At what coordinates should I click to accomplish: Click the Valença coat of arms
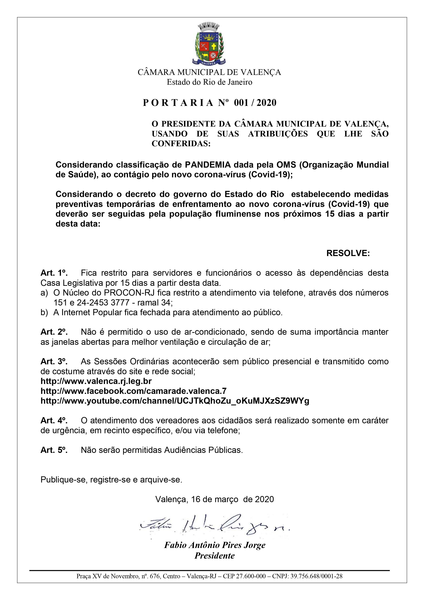pos(210,44)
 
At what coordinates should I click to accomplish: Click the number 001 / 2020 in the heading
pos(255,103)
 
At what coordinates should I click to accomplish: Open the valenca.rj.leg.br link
pos(96,381)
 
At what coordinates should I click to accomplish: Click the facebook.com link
pos(133,391)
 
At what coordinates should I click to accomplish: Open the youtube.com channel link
pos(175,401)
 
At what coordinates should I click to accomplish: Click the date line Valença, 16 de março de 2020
pos(215,499)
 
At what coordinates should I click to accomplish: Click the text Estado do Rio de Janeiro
pos(209,82)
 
